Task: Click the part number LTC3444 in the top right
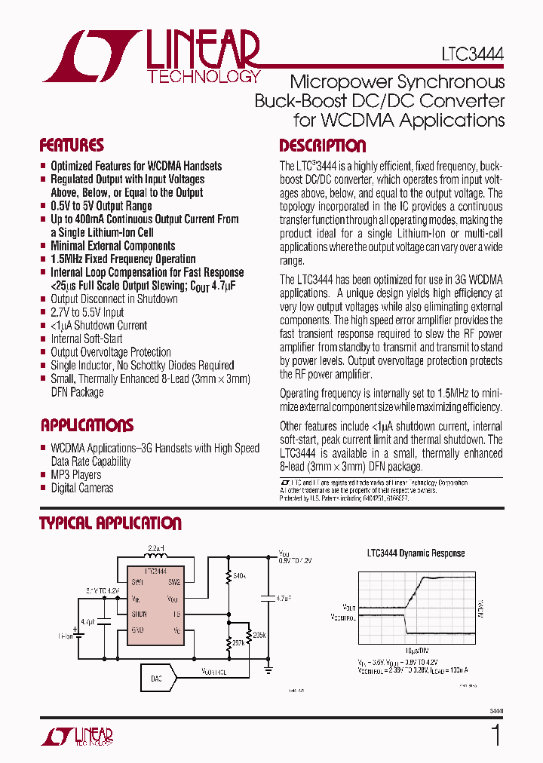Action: [x=473, y=55]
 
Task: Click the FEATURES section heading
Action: [x=72, y=146]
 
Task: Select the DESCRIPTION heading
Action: [x=322, y=146]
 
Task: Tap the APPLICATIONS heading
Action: [x=87, y=425]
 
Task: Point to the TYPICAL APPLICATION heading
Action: [x=110, y=523]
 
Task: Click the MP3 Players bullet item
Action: [x=75, y=475]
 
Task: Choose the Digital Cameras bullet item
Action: [x=81, y=488]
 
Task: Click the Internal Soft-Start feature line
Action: [x=87, y=339]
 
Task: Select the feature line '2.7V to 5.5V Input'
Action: [x=87, y=312]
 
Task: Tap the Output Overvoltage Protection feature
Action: [x=110, y=352]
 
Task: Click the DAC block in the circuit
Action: [x=157, y=679]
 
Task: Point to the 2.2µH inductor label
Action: [x=156, y=547]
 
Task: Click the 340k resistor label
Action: [x=241, y=577]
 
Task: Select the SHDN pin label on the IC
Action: [x=139, y=614]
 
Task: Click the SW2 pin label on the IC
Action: [x=173, y=582]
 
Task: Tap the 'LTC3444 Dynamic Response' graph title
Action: [x=416, y=553]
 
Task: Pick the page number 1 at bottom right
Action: [x=495, y=735]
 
